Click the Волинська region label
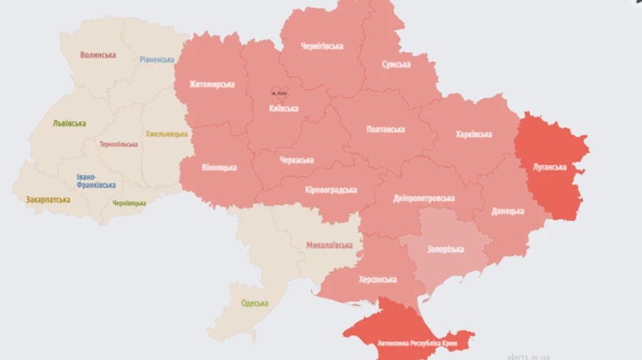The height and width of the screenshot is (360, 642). pos(98,55)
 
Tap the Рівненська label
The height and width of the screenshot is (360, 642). pos(157,60)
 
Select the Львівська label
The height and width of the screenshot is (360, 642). pos(69,123)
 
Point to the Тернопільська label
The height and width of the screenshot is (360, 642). pos(119,144)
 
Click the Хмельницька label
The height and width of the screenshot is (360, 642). pos(166,134)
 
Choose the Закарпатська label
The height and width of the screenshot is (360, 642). pos(48,200)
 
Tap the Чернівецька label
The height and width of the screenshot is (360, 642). pos(129,203)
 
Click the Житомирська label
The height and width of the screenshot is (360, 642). pos(212,84)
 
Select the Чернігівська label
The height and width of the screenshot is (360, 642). pos(321,46)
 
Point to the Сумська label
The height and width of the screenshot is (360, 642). pos(396,64)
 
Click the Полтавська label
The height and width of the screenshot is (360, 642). pos(385,129)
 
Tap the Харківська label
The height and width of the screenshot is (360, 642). pos(473,134)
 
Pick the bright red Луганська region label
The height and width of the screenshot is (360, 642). pos(549,168)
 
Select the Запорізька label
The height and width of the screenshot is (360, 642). pos(445,249)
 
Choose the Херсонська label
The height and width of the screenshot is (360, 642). pos(377,279)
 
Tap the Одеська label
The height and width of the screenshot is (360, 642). pos(255,303)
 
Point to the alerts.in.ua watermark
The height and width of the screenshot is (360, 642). pos(528,356)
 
